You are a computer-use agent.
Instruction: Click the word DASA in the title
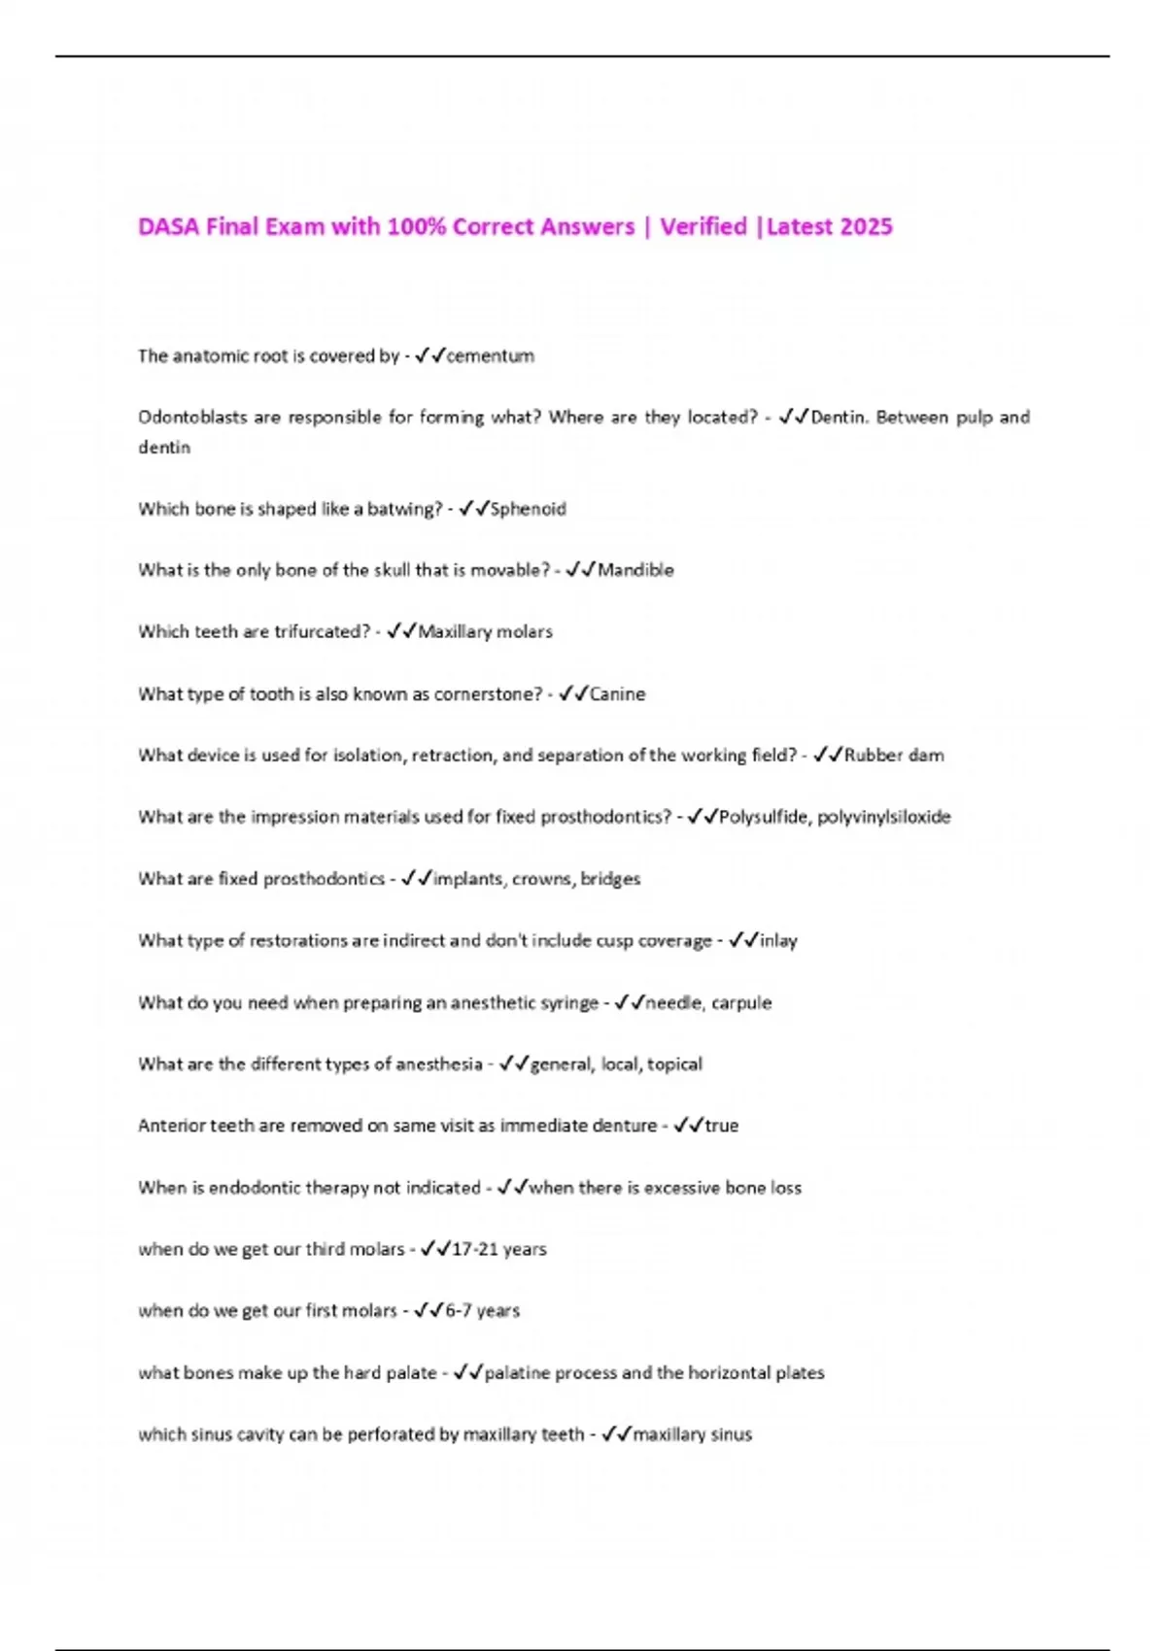(x=169, y=226)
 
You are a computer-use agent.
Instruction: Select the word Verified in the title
(x=703, y=226)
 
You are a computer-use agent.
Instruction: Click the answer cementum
(x=490, y=355)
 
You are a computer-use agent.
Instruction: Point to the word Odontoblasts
(x=192, y=417)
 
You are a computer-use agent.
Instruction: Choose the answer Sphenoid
(x=528, y=508)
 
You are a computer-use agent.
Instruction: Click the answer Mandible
(x=635, y=570)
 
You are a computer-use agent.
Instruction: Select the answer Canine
(x=617, y=693)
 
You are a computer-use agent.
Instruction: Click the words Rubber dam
(x=894, y=755)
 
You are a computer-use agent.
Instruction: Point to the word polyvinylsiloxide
(x=883, y=817)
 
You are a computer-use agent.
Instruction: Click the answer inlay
(x=778, y=940)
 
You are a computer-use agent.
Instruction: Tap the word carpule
(x=741, y=1002)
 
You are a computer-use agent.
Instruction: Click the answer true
(x=721, y=1126)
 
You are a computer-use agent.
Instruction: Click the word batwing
(x=404, y=508)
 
